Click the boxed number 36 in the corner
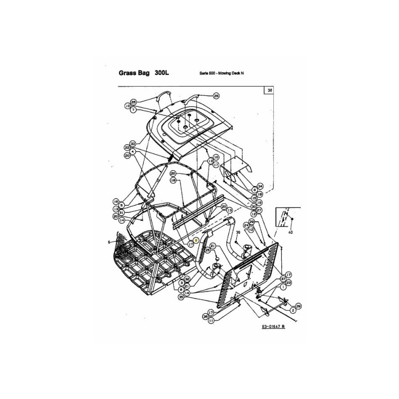point(270,91)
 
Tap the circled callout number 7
point(133,110)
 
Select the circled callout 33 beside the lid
point(133,143)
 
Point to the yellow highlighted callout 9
point(197,240)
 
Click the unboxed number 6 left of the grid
point(108,242)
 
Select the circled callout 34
point(260,186)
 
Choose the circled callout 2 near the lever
point(293,310)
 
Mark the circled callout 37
point(283,278)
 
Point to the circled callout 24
point(246,225)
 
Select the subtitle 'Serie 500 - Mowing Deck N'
point(221,73)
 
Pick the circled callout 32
point(187,278)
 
